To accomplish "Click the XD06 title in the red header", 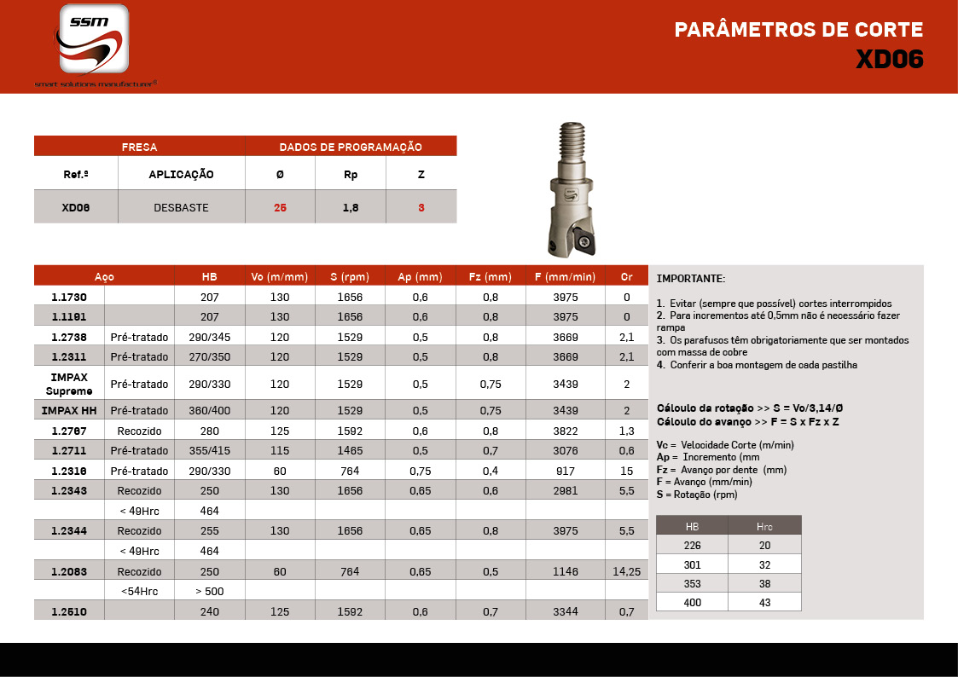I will [x=889, y=60].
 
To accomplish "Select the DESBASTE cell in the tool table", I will [x=181, y=207].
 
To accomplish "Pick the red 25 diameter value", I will [x=280, y=207].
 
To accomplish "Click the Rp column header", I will [x=351, y=175].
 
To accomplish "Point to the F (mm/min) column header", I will [x=565, y=277].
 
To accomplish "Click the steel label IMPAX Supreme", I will [x=69, y=384].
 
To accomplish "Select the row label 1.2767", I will [x=69, y=431].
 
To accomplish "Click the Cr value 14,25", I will [x=626, y=571].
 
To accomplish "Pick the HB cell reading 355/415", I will [x=210, y=450].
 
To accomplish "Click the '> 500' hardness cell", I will [x=210, y=591].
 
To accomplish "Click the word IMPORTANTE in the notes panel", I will [x=691, y=279].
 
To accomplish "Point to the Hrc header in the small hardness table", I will [x=764, y=526].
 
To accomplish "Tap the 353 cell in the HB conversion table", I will [x=692, y=582].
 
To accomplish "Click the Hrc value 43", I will [x=764, y=602].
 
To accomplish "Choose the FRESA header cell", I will [x=139, y=147].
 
